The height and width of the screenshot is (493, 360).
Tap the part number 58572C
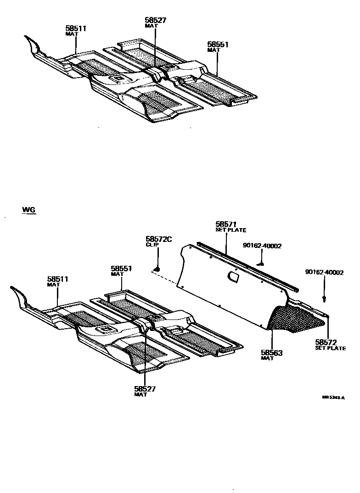click(x=158, y=239)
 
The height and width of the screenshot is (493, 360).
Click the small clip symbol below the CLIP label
click(x=157, y=268)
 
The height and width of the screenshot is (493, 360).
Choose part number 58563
click(x=271, y=353)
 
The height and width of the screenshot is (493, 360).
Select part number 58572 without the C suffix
click(x=326, y=342)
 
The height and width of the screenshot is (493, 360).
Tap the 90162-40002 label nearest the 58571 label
click(x=262, y=246)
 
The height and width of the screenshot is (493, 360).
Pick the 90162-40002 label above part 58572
click(x=324, y=272)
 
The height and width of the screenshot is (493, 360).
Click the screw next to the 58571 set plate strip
click(x=261, y=264)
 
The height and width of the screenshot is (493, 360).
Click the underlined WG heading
click(x=29, y=210)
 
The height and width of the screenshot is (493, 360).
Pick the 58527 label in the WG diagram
click(x=145, y=389)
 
